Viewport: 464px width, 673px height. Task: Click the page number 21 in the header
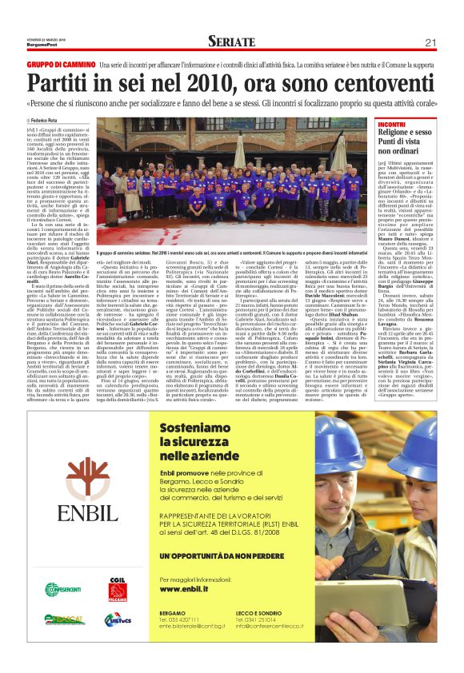(x=430, y=42)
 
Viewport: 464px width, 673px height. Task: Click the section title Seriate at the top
(x=231, y=42)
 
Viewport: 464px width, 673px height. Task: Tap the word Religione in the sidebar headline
(x=402, y=133)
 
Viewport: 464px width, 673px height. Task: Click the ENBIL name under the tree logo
(x=87, y=512)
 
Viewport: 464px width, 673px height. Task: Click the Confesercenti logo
(x=62, y=590)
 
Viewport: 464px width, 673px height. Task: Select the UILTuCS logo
(x=117, y=620)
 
